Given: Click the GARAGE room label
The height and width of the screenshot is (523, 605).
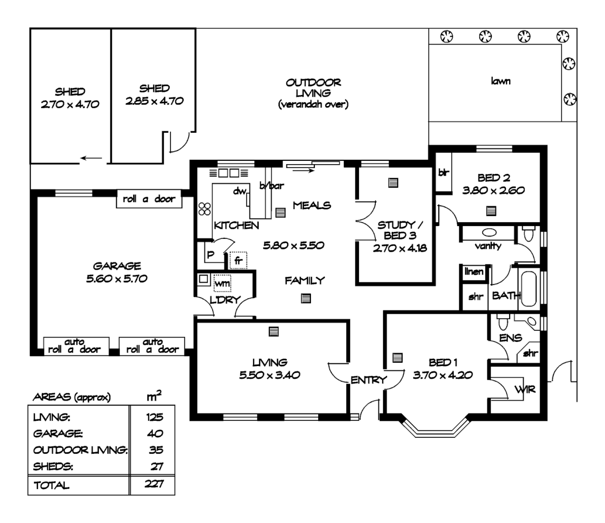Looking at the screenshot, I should click(117, 266).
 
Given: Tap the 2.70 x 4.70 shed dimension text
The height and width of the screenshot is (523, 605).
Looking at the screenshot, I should click(70, 105).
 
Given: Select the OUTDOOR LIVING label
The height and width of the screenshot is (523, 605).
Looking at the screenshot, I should click(313, 88).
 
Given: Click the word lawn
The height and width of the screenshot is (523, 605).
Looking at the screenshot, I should click(500, 81).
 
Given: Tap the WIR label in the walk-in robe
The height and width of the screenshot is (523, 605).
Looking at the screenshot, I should click(524, 389).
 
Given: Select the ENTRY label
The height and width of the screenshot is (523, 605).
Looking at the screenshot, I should click(369, 380).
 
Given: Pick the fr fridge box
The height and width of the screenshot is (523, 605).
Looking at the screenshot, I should click(238, 261).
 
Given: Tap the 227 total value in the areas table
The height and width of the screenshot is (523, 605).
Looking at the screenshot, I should click(154, 484).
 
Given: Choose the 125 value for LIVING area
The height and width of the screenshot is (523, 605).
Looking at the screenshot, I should click(154, 417).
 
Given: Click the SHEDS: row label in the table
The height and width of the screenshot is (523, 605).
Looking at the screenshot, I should click(53, 467).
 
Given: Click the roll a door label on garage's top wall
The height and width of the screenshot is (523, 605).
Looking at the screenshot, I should click(149, 199).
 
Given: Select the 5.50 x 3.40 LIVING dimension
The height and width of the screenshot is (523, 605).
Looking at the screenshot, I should click(270, 375).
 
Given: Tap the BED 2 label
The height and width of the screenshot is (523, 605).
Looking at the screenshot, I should click(493, 178).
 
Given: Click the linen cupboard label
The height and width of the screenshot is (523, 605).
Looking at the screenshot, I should click(474, 272).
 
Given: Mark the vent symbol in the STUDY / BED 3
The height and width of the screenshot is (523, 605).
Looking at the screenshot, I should click(393, 183).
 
